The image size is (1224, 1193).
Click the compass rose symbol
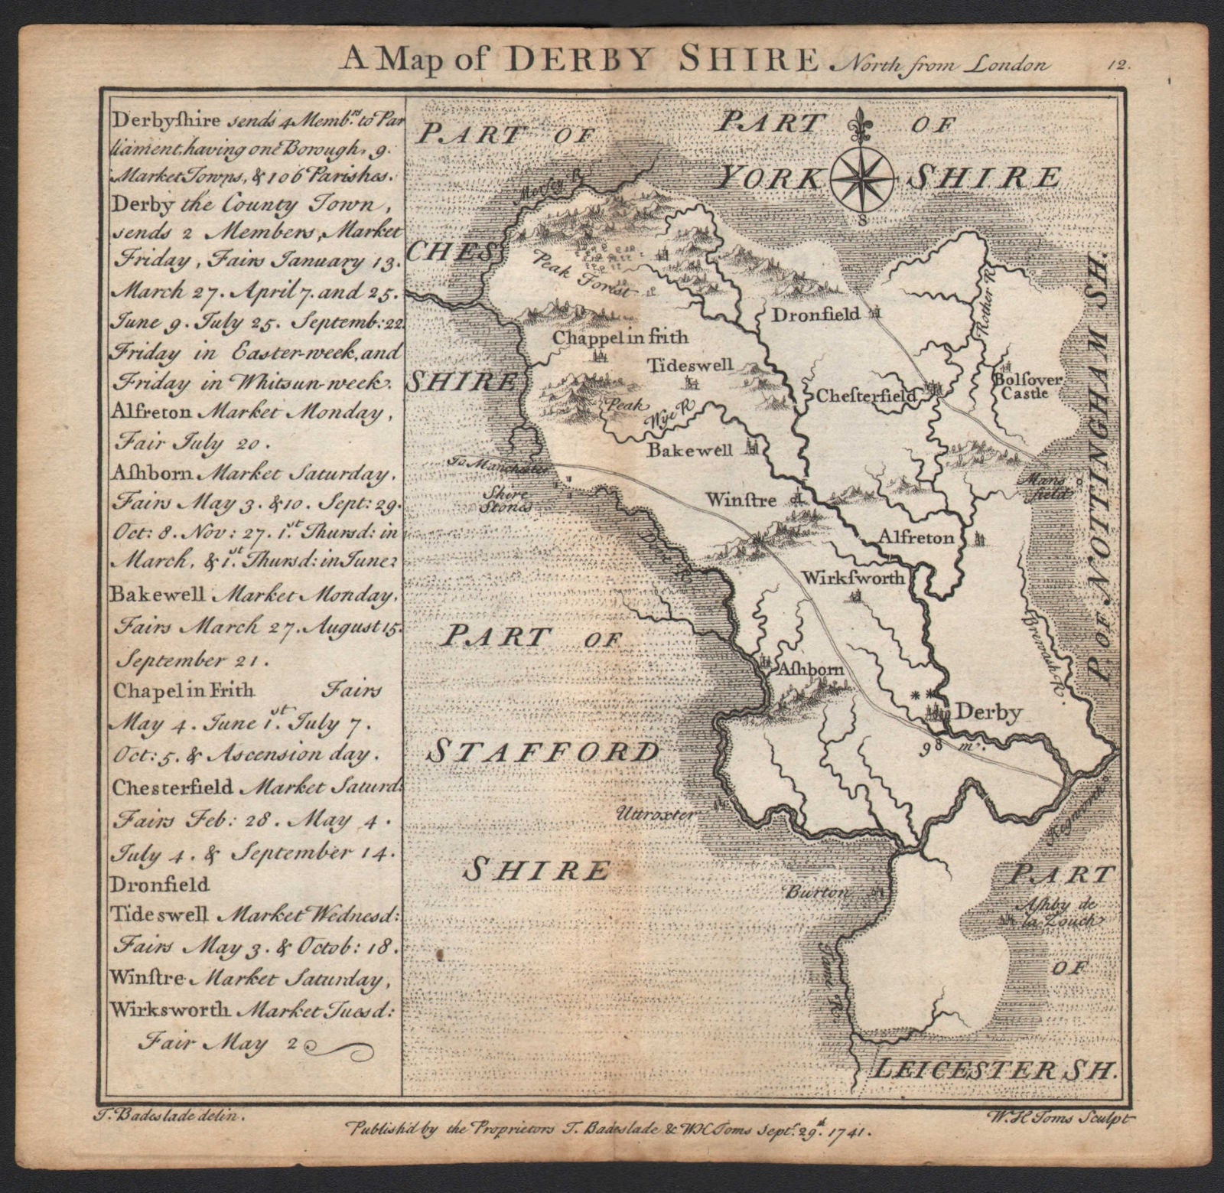pyautogui.click(x=862, y=178)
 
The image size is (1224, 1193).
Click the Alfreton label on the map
pyautogui.click(x=916, y=537)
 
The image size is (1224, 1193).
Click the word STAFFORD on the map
pyautogui.click(x=543, y=752)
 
